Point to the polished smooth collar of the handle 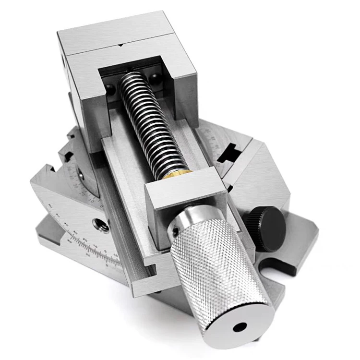click(187, 223)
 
